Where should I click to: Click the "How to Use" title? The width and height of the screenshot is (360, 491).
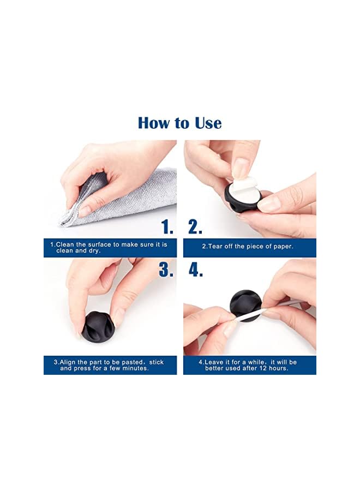click(x=179, y=123)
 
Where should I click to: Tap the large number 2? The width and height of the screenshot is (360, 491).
click(x=195, y=227)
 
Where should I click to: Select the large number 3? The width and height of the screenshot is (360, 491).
click(x=166, y=270)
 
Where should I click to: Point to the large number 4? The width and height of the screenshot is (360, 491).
click(x=195, y=270)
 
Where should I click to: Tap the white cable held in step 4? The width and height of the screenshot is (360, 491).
click(x=284, y=306)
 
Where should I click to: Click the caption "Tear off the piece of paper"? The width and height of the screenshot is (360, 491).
click(x=248, y=247)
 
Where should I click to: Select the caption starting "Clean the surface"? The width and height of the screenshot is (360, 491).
click(x=109, y=247)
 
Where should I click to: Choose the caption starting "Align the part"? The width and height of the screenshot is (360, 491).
click(x=109, y=365)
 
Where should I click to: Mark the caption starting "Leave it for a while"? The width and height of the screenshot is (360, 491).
click(x=249, y=365)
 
